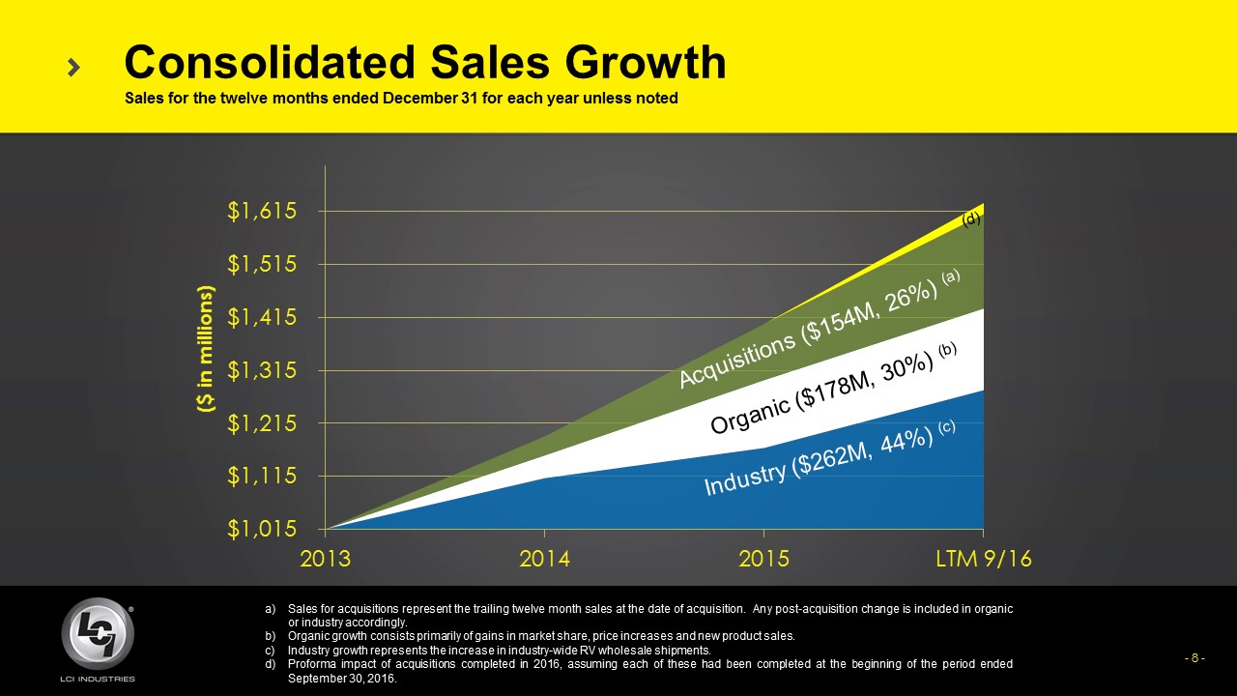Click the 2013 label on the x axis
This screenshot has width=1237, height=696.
[x=327, y=560]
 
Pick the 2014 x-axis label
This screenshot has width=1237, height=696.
[x=545, y=560]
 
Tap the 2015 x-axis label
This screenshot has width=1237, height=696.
[x=763, y=560]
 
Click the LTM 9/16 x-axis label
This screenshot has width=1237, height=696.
[x=983, y=560]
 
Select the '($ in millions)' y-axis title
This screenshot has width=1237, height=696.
[x=204, y=350]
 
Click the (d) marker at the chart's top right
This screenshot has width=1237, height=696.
[x=971, y=219]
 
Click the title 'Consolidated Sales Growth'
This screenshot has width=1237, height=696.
[x=425, y=63]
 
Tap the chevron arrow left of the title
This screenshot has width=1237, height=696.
[x=74, y=67]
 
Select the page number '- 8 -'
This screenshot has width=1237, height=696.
[x=1194, y=658]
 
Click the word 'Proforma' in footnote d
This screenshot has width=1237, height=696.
[x=311, y=664]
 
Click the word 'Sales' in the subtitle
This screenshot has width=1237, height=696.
[x=141, y=99]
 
